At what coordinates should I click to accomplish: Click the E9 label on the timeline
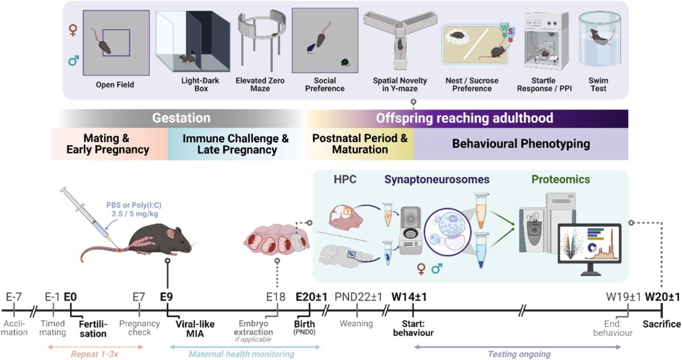point(167,296)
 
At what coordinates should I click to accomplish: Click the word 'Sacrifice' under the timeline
point(662,324)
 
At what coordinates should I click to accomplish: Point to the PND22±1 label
point(356,296)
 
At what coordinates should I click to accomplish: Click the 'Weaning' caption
point(356,324)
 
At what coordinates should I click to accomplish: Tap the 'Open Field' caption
point(115,85)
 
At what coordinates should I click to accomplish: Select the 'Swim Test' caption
point(598,85)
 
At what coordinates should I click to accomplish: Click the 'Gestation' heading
point(181,118)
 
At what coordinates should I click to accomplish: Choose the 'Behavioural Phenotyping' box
point(521,144)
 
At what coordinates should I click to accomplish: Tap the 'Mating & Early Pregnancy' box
point(108,144)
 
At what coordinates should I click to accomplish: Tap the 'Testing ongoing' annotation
point(519,354)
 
